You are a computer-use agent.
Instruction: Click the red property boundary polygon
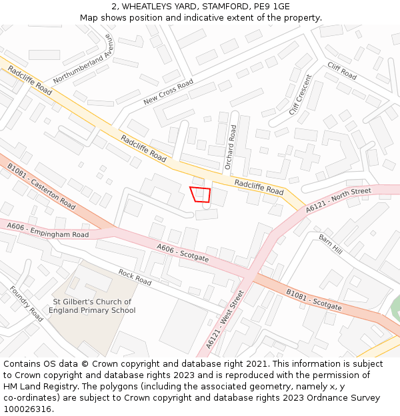click(x=201, y=194)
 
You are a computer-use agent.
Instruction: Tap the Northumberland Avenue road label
click(x=83, y=61)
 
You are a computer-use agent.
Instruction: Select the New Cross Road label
click(x=168, y=92)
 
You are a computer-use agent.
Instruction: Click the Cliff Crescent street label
click(x=300, y=95)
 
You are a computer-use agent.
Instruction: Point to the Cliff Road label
click(x=342, y=71)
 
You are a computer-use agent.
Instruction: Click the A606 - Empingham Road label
click(x=48, y=230)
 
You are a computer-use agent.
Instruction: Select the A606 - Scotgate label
click(x=183, y=252)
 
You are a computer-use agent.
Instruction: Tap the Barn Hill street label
click(x=330, y=244)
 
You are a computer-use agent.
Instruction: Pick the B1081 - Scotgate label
click(x=313, y=300)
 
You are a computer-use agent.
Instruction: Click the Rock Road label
click(x=135, y=277)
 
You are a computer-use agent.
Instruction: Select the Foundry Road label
click(x=27, y=304)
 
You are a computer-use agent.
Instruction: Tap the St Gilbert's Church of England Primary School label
click(x=93, y=306)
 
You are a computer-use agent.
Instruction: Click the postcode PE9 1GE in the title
click(x=272, y=7)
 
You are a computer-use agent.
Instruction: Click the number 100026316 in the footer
click(x=27, y=409)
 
